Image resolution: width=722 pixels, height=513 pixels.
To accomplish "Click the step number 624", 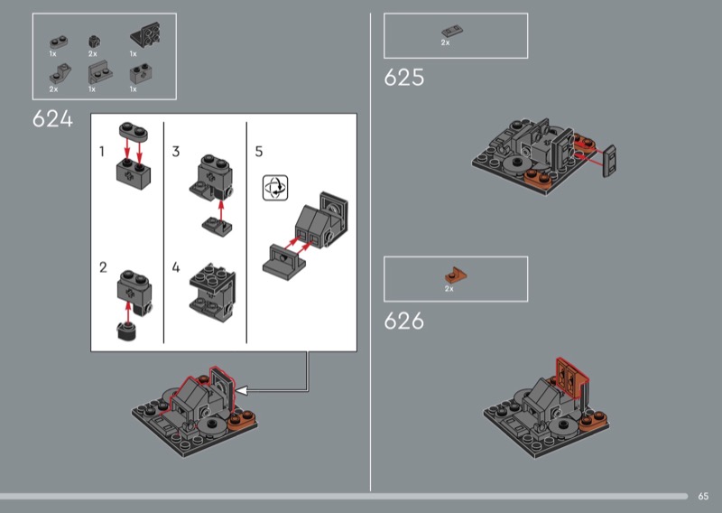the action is click(52, 119).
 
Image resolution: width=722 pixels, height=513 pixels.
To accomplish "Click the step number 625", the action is click(403, 78).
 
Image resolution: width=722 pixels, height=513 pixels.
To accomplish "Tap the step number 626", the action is click(403, 321).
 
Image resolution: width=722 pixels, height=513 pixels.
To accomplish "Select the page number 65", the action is click(703, 497).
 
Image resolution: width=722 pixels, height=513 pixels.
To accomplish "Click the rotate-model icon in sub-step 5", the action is click(275, 188).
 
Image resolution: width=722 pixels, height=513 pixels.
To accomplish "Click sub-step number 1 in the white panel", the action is click(102, 152).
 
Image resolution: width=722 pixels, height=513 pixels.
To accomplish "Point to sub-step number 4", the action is click(176, 267).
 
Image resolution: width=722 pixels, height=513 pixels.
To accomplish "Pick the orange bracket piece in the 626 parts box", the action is click(456, 275).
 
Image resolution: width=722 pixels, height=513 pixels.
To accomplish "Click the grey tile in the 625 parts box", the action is click(452, 32).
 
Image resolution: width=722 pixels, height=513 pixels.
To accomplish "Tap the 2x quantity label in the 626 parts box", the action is click(449, 289).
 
